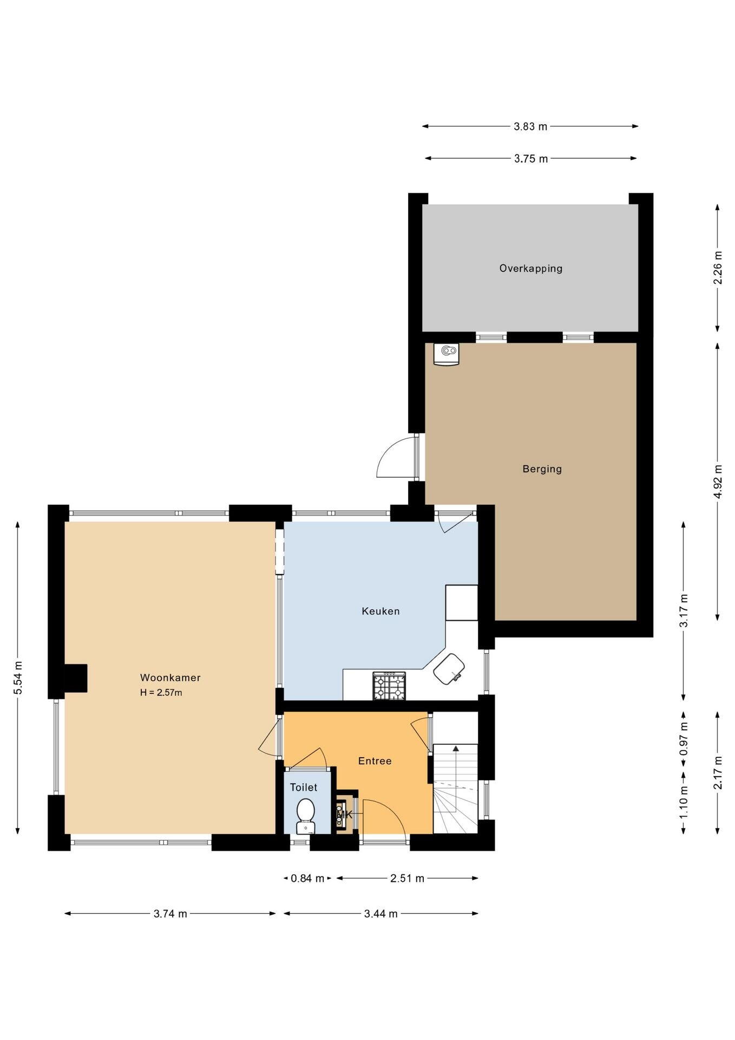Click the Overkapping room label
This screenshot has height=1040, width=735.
point(530,268)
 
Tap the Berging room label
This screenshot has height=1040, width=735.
point(542,469)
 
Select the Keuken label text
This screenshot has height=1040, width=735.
point(380,611)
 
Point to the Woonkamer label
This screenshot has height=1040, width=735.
point(170,678)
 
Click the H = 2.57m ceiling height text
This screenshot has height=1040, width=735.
point(161,692)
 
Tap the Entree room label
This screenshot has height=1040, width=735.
point(375,761)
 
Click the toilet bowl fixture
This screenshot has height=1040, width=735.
point(306,815)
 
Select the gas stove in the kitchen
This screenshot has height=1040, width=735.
point(389,686)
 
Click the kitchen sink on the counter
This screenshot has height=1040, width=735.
point(449,668)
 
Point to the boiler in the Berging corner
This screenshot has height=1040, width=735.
point(446,354)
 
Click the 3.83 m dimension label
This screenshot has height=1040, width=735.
point(530,127)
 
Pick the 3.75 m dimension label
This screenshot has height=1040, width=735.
point(531,159)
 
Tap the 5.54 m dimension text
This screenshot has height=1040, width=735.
point(18,678)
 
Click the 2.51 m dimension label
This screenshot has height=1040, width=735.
point(407,879)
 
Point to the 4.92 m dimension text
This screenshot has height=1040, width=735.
point(718,482)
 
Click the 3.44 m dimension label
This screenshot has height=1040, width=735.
point(380,914)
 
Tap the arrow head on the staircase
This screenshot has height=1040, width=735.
point(456,749)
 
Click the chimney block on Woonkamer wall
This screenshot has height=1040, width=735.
point(76,678)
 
